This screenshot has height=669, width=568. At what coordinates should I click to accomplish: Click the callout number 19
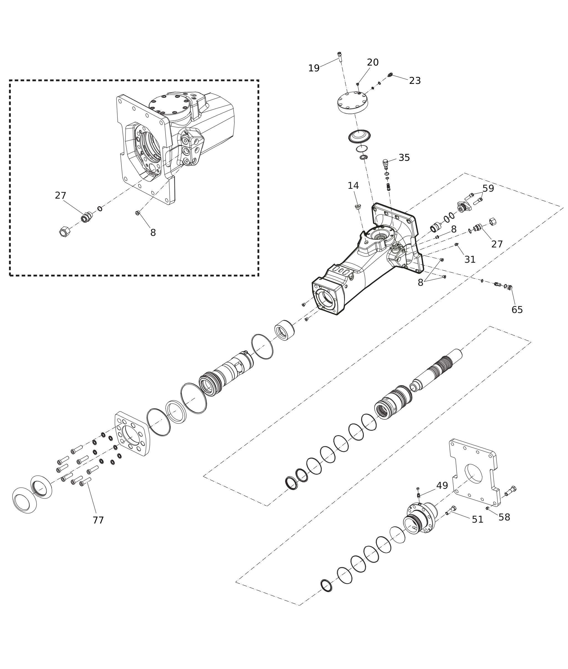[314, 68]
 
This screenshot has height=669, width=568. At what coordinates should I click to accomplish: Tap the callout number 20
[373, 62]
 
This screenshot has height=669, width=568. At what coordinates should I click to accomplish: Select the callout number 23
[415, 81]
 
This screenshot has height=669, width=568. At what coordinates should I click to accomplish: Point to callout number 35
[405, 158]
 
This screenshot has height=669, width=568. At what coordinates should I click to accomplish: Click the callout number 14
[353, 186]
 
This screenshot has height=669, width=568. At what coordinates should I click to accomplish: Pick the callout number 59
[488, 189]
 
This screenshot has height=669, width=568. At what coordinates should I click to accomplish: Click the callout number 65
[517, 310]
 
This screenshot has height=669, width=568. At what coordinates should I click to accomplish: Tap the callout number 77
[98, 520]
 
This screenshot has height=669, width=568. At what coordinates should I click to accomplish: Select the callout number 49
[442, 486]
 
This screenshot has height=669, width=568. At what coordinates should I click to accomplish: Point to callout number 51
[478, 520]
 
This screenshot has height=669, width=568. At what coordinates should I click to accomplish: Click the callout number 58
[504, 517]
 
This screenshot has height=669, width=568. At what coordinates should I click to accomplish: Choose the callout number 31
[470, 260]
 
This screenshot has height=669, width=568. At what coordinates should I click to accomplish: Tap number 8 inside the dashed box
[153, 233]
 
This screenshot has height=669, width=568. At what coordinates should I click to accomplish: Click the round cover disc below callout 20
[353, 103]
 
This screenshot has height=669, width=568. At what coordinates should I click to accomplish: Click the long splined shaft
[436, 370]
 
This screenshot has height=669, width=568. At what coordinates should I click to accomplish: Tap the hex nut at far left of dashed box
[64, 232]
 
